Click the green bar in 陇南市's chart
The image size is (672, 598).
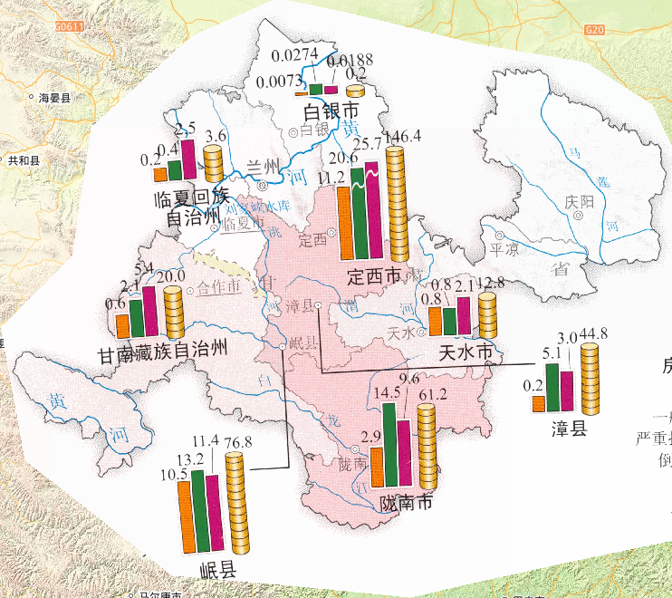(x=390, y=444)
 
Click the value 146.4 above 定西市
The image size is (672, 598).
(x=403, y=137)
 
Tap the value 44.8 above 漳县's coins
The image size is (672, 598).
(x=593, y=336)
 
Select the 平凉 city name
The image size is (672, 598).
(x=503, y=248)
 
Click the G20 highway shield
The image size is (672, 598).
(x=594, y=30)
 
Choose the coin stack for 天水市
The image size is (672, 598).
(x=487, y=314)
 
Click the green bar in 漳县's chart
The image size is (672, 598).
(x=552, y=387)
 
